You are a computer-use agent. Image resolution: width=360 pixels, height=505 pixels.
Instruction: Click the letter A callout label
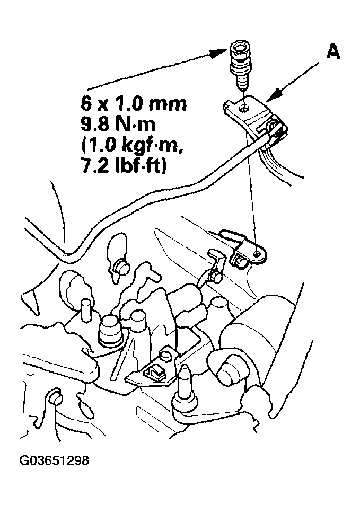pos(333,52)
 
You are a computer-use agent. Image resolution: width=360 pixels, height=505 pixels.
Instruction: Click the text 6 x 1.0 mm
pos(134,104)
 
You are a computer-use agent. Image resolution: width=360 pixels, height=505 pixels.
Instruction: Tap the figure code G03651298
pos(54,460)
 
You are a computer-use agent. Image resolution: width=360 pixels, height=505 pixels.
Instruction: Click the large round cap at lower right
pos(229,371)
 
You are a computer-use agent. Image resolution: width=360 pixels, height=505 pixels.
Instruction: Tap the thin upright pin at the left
pos(86,309)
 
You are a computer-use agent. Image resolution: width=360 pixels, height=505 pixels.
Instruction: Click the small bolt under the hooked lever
pos(214,276)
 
